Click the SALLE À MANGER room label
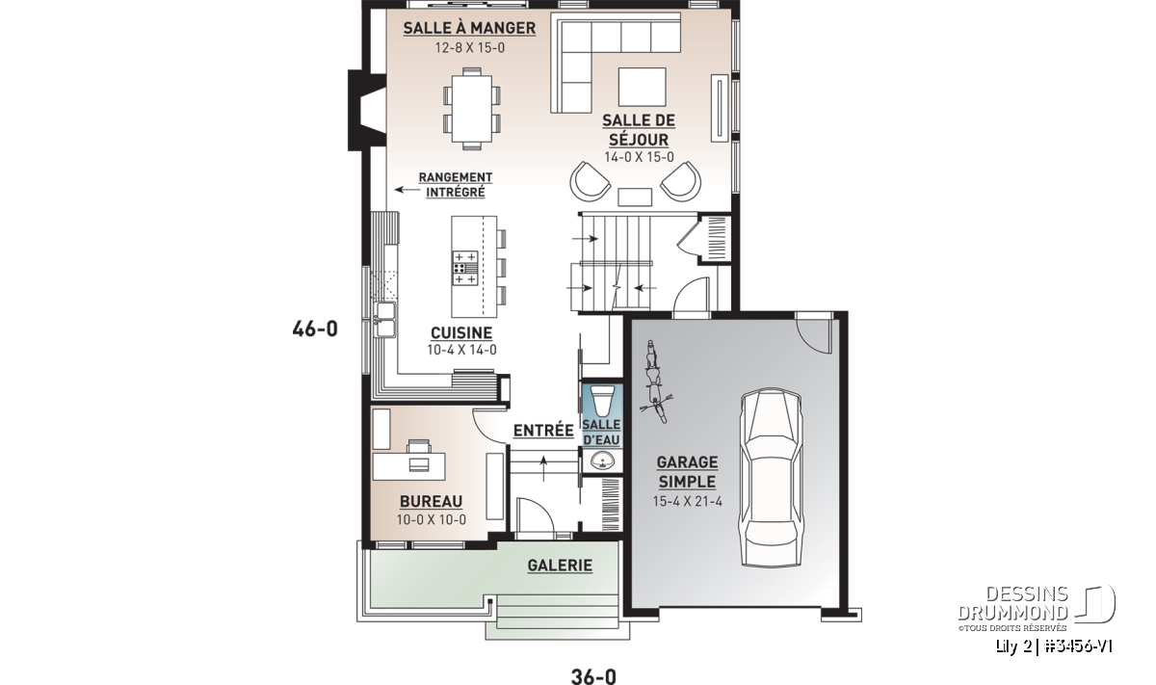[469, 28]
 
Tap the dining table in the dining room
[472, 109]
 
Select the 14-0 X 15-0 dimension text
[639, 157]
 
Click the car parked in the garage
[771, 478]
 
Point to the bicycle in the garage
[655, 382]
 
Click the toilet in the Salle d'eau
[602, 400]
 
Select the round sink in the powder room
[602, 460]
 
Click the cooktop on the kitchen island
[465, 268]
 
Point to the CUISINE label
[461, 333]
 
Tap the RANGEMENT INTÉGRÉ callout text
[455, 185]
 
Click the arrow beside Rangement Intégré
[407, 190]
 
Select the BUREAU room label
[431, 501]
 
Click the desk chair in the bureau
[418, 446]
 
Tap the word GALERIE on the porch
[560, 566]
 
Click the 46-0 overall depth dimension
[315, 329]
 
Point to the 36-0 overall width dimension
[593, 676]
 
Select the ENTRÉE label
[543, 431]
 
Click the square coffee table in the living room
[642, 87]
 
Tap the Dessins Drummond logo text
[1012, 603]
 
